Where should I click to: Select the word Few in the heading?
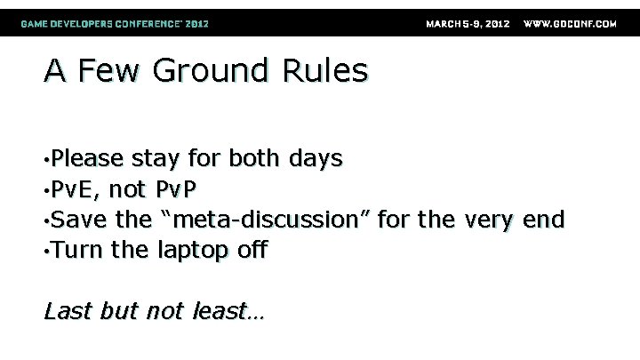110,71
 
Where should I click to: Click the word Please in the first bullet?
86,159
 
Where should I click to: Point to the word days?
315,159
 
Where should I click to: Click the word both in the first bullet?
253,159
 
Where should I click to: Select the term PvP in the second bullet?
177,189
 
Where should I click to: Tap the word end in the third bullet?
544,220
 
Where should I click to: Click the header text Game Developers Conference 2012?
116,24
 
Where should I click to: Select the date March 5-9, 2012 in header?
468,24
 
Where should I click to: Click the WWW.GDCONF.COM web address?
570,24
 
